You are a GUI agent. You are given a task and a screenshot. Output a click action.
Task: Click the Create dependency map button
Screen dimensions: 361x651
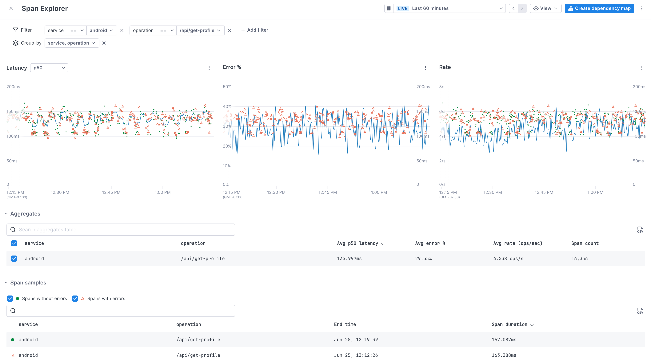[x=599, y=8]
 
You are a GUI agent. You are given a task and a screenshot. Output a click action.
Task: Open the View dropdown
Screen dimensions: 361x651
[x=545, y=8]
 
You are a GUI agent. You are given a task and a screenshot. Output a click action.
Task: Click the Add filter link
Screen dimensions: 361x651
[x=254, y=30]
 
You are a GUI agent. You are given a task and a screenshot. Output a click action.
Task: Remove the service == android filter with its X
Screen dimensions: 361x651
[x=122, y=31]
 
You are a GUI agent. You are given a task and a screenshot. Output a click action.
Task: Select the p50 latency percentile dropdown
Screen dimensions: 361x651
[x=49, y=68]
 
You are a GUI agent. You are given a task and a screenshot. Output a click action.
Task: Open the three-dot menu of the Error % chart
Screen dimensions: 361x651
[x=425, y=68]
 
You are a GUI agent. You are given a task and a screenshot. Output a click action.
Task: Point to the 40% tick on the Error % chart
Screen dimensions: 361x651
[x=227, y=106]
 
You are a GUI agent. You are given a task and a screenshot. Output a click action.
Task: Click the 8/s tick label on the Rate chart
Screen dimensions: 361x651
[x=442, y=87]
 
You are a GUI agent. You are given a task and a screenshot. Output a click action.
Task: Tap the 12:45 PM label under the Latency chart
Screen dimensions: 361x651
[x=111, y=192]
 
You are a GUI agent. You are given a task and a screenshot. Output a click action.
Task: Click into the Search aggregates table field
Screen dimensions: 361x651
[x=121, y=230]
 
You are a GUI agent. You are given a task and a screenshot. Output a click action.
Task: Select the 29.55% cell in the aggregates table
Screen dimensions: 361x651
[x=423, y=258]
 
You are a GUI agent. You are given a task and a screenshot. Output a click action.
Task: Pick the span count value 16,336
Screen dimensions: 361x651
[x=579, y=258]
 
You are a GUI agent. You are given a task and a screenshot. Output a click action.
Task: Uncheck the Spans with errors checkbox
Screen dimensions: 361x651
[x=75, y=298]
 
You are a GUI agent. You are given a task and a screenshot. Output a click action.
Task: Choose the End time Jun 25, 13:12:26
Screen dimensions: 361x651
[x=356, y=355]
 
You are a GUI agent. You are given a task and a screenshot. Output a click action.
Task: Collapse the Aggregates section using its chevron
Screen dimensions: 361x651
[x=6, y=214]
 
